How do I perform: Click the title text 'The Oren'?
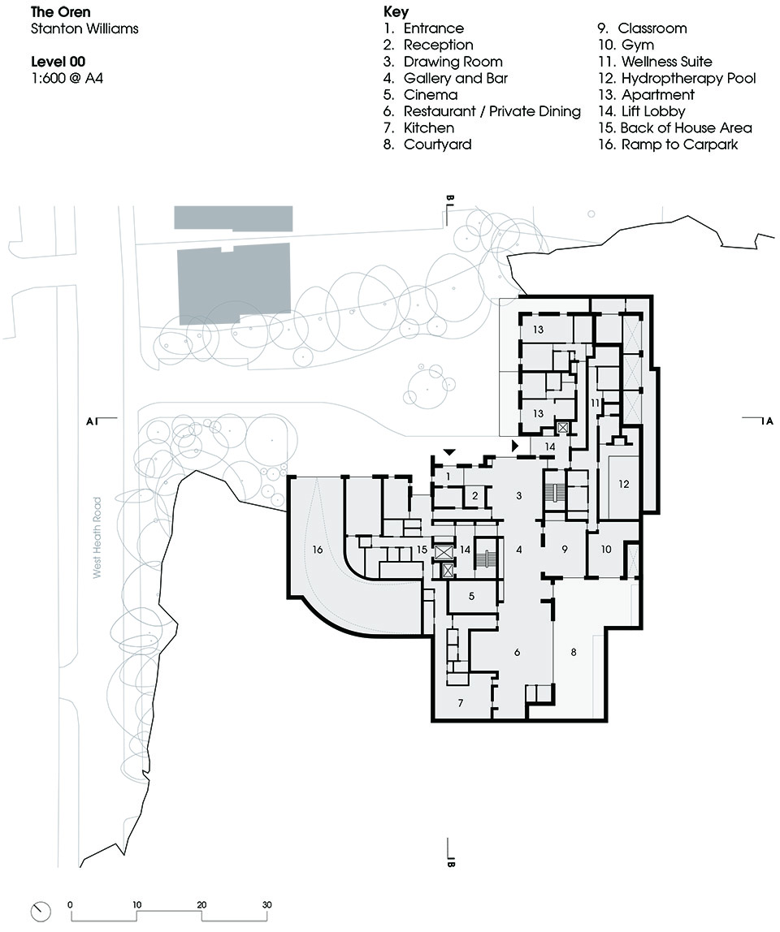point(60,11)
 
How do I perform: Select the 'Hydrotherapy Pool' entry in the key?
point(677,78)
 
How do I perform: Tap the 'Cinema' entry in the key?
point(421,94)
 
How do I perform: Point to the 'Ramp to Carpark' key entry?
point(668,145)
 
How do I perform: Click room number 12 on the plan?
point(623,484)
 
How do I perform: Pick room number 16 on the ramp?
point(317,550)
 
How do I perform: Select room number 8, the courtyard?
point(574,652)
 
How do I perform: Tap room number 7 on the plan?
point(461,703)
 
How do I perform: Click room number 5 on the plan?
point(472,596)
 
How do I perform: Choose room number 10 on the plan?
point(605,549)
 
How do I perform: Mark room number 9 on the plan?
point(565,549)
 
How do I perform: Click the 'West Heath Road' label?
point(97,537)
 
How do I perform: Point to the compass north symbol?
point(41,911)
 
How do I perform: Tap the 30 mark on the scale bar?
point(266,904)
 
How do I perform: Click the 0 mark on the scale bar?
point(70,904)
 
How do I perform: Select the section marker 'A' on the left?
point(90,421)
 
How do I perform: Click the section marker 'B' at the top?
point(450,198)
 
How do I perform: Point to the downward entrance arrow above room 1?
point(450,452)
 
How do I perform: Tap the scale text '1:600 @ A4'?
point(67,78)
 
